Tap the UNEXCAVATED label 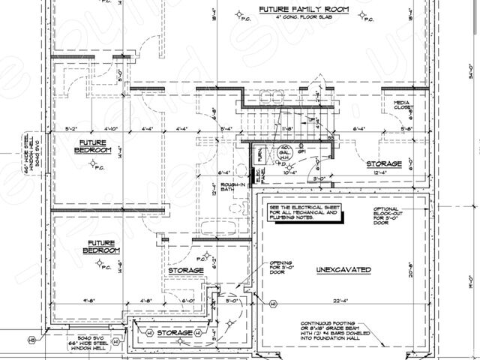point(344,268)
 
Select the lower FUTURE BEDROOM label point(100,247)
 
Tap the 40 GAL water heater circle point(285,151)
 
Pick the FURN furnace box point(260,155)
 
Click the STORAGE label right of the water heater point(384,163)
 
